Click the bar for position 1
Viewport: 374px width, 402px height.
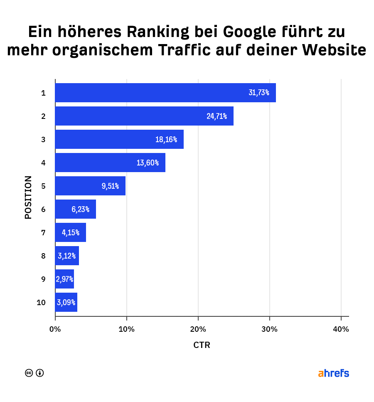click(x=165, y=93)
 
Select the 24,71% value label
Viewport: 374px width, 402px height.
click(x=217, y=116)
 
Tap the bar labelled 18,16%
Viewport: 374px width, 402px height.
click(x=119, y=139)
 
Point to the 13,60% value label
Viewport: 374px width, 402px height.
click(x=148, y=163)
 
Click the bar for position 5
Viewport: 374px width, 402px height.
click(x=90, y=186)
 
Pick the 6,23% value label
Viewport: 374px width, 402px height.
click(x=80, y=209)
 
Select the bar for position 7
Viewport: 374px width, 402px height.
click(x=71, y=232)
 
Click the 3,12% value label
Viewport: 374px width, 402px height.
click(x=67, y=256)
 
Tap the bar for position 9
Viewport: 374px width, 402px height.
click(x=64, y=279)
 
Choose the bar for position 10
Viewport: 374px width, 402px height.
click(x=66, y=302)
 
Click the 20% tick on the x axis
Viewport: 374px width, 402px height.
click(x=198, y=329)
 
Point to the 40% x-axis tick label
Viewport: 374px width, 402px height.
click(x=341, y=329)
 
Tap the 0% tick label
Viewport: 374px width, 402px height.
click(x=55, y=329)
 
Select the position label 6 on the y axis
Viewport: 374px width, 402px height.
click(x=43, y=209)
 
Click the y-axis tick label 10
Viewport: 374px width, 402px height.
click(x=41, y=302)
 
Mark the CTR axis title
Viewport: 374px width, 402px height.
click(x=202, y=345)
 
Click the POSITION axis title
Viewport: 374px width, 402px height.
click(x=28, y=197)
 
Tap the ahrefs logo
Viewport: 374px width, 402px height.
click(x=333, y=373)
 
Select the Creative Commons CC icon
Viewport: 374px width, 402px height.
click(x=29, y=373)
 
